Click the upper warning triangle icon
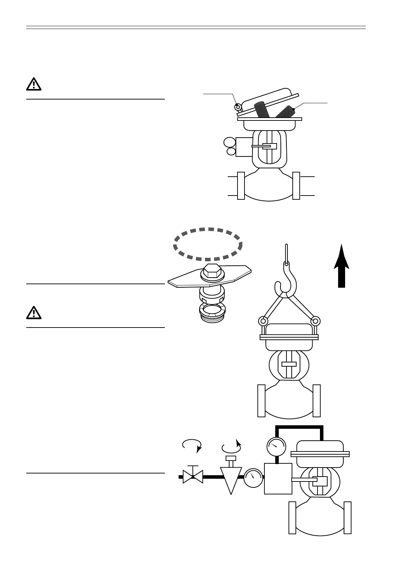pyautogui.click(x=34, y=84)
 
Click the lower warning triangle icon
pyautogui.click(x=34, y=313)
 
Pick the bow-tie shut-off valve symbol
pyautogui.click(x=193, y=477)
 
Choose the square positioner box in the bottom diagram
pyautogui.click(x=278, y=478)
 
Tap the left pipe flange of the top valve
pyautogui.click(x=241, y=186)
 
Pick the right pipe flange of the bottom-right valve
pyautogui.click(x=348, y=517)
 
